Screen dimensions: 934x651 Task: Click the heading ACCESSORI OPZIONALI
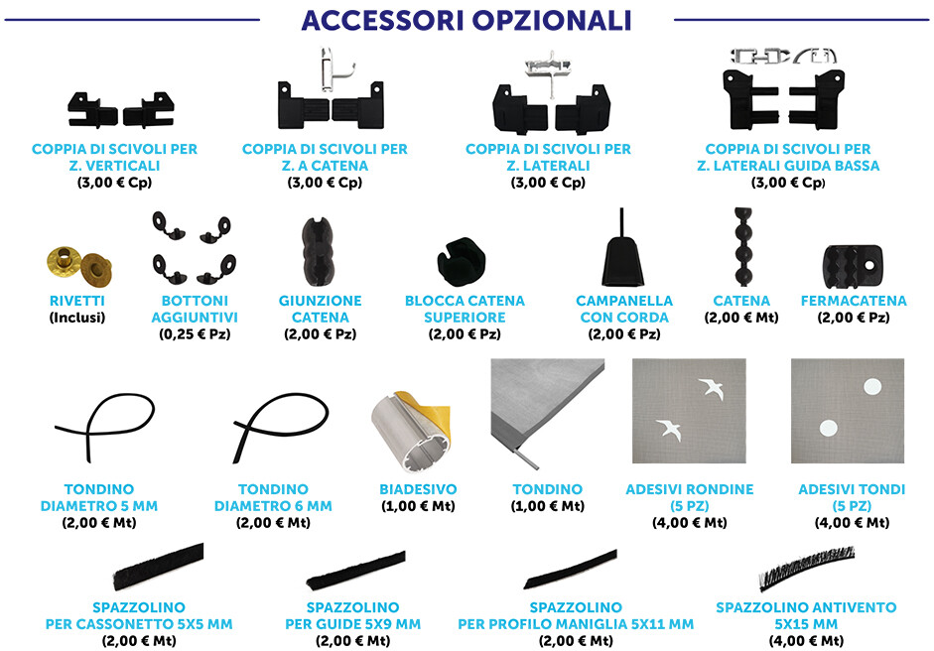pyautogui.click(x=467, y=20)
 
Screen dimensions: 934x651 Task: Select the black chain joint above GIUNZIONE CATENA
pyautogui.click(x=320, y=252)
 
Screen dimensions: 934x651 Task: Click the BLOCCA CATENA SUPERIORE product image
pyautogui.click(x=461, y=261)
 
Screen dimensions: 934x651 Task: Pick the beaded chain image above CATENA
pyautogui.click(x=742, y=246)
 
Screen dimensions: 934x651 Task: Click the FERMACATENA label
pyautogui.click(x=854, y=301)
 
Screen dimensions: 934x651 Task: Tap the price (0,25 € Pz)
pyautogui.click(x=195, y=334)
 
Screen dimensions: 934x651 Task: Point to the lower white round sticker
pyautogui.click(x=829, y=429)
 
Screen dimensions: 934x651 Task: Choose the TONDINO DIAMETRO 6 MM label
pyautogui.click(x=273, y=497)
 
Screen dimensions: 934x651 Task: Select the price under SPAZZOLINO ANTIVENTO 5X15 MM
pyautogui.click(x=806, y=641)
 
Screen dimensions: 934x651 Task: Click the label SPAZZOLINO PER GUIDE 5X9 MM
pyautogui.click(x=352, y=616)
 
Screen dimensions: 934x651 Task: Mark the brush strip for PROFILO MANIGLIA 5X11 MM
pyautogui.click(x=570, y=570)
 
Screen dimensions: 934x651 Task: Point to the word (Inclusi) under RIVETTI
pyautogui.click(x=76, y=318)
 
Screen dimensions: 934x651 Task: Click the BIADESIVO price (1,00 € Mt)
pyautogui.click(x=418, y=506)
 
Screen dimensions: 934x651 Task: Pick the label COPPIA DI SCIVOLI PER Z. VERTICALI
pyautogui.click(x=114, y=157)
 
